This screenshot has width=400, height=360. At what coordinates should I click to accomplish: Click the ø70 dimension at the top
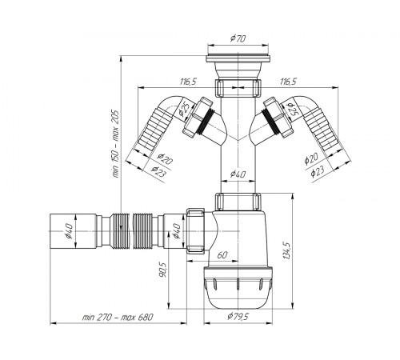[238, 38]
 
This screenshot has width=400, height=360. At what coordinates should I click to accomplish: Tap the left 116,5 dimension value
[188, 82]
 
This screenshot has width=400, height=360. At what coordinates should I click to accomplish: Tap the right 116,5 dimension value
[288, 82]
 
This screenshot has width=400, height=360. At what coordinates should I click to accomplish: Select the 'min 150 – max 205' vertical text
[115, 144]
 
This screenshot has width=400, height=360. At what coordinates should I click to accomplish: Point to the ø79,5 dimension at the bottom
[238, 316]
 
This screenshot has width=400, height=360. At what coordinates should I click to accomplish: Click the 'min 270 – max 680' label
[118, 318]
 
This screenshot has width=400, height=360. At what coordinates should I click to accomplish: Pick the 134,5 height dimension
[286, 250]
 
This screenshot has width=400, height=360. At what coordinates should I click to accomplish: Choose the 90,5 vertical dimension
[163, 270]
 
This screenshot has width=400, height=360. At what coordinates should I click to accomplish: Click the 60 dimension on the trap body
[222, 255]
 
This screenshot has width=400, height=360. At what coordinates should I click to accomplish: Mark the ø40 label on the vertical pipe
[238, 174]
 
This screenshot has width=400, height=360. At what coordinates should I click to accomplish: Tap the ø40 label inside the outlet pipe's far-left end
[69, 231]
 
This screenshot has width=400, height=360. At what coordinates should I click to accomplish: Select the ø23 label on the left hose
[158, 172]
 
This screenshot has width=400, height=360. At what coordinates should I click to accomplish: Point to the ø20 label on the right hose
[311, 159]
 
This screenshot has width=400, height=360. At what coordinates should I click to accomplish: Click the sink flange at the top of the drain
[238, 59]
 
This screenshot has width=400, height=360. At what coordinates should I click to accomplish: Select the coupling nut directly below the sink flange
[238, 88]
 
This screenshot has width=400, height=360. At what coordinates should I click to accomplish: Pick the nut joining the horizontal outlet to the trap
[195, 230]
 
